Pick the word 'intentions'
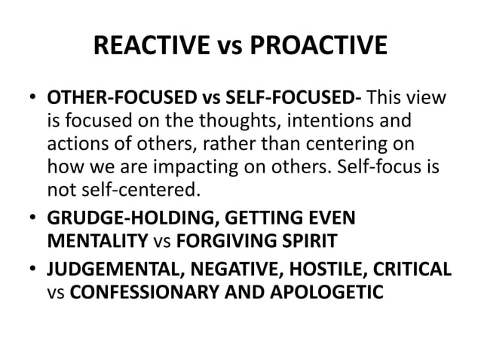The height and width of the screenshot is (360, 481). tap(310, 121)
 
